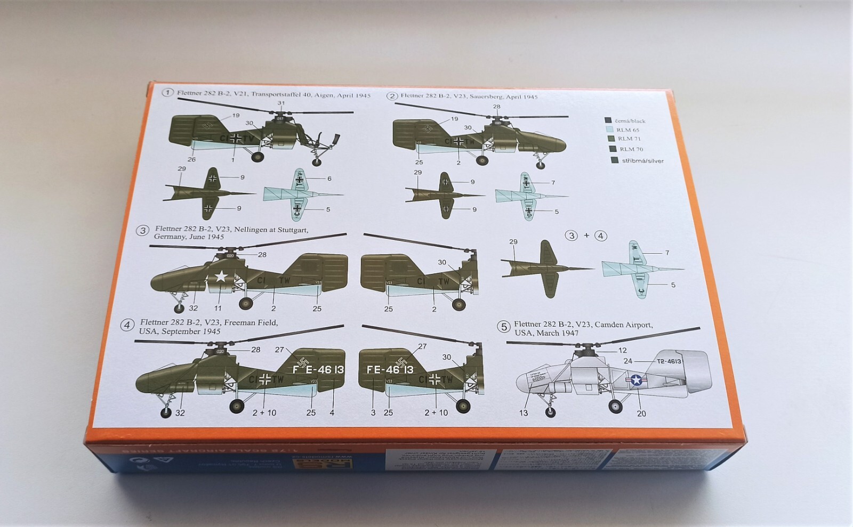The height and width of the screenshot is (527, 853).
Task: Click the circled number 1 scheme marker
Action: coord(168,93)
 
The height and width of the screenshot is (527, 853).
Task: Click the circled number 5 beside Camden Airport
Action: coord(503,327)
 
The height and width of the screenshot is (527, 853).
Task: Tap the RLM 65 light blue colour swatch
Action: coord(609,129)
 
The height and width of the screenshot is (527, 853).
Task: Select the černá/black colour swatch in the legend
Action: coord(608,120)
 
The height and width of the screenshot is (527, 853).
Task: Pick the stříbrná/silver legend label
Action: coord(642,160)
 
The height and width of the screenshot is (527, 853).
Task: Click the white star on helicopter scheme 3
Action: coord(221,276)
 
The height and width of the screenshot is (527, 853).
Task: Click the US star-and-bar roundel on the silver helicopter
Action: coord(637,380)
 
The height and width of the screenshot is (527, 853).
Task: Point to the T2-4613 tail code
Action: coord(669,361)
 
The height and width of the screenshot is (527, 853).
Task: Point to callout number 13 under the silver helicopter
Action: coord(524,413)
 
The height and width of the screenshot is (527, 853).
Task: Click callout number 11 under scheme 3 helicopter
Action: coord(218,309)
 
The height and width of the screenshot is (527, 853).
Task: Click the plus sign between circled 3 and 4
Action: coord(586,235)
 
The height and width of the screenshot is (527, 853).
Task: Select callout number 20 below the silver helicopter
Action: coord(641,413)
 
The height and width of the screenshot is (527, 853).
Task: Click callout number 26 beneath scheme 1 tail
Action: coord(191,159)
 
